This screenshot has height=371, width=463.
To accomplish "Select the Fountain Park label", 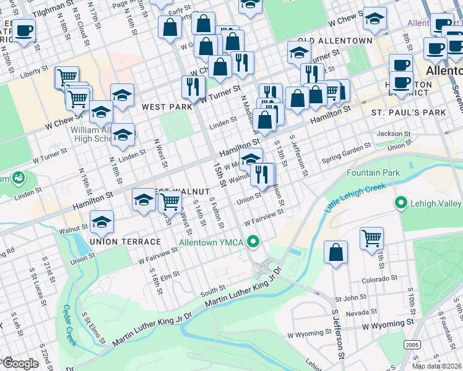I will [x=373, y=173].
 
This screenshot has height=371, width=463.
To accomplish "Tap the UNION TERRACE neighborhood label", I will [x=125, y=241].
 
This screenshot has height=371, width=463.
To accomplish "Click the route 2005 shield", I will [x=411, y=344].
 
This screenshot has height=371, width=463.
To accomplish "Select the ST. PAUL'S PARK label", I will [x=409, y=113].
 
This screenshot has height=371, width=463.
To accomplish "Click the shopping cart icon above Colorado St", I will [x=371, y=238].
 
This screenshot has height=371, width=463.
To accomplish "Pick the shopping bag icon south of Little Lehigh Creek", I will [x=335, y=254].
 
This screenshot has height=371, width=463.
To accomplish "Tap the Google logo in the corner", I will [x=20, y=364].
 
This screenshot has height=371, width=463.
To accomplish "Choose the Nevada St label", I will [x=358, y=313].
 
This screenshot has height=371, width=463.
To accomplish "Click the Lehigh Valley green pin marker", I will [x=401, y=203].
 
